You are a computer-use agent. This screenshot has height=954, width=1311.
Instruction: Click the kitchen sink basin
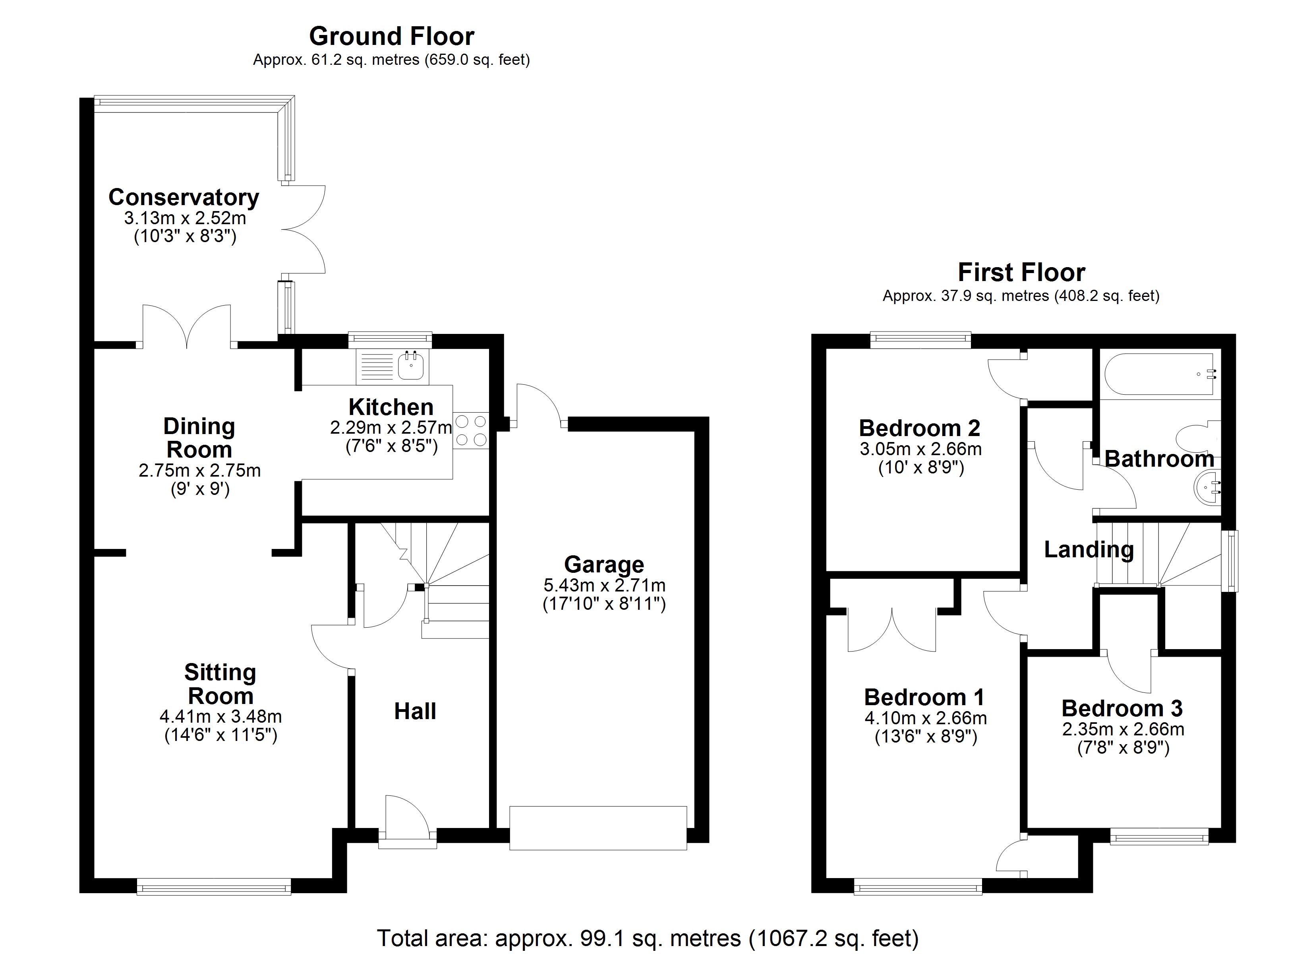[411, 366]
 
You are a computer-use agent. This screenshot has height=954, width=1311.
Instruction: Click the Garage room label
[604, 564]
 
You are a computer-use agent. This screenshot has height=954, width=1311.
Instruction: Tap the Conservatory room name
[184, 197]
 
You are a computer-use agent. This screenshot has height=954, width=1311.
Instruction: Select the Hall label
[415, 711]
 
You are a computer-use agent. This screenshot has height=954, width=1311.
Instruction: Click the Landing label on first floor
[1089, 550]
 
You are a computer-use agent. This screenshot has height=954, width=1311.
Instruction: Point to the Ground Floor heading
[392, 37]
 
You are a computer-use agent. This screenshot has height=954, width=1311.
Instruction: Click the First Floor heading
[1021, 272]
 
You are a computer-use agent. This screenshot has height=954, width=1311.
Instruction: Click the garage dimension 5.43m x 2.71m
[605, 585]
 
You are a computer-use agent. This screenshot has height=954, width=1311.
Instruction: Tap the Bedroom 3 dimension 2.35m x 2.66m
[1123, 729]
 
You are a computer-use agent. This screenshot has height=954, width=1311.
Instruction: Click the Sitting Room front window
[214, 887]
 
